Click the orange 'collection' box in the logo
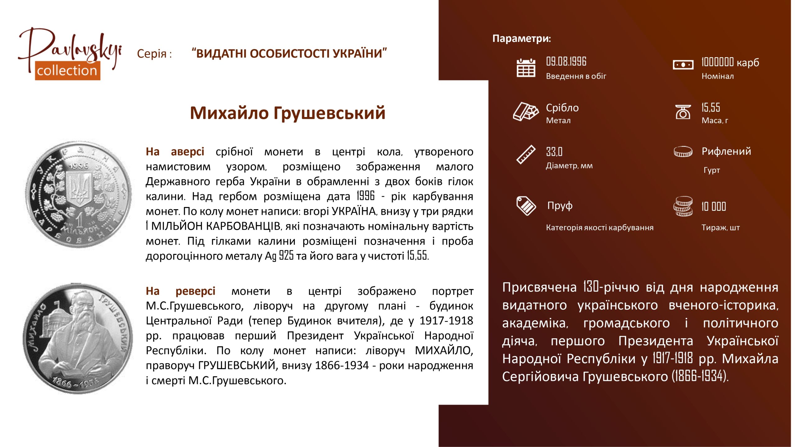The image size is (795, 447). coord(67,71)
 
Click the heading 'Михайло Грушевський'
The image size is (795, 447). coord(288,113)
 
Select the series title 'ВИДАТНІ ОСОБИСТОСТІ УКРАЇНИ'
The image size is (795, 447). coord(289,53)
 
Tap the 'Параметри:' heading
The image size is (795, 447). coord(522,38)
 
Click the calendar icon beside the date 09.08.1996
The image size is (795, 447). coord(526,68)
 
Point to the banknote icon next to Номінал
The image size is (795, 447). coord(683,65)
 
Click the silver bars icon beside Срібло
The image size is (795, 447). coord(526,111)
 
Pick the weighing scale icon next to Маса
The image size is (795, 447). coord(683,112)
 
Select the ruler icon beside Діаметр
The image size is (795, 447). coord(526,154)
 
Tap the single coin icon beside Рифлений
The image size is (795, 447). coord(683,152)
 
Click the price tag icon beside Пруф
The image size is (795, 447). coord(526,206)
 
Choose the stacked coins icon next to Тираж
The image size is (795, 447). coord(683,206)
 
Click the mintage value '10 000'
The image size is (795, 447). coord(714,206)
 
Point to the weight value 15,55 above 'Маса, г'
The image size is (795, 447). coord(711,107)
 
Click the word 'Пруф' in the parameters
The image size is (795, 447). coord(560,206)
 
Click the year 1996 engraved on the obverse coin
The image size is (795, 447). coord(79,166)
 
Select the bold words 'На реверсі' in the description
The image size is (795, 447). coord(180,291)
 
